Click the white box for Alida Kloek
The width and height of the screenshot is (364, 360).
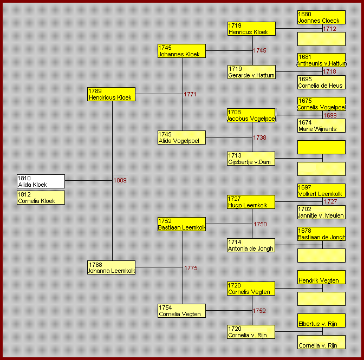[41, 181]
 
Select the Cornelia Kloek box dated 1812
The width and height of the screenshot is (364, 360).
[41, 198]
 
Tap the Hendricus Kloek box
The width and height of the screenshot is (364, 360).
[112, 94]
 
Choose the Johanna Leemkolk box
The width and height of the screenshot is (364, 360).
[112, 267]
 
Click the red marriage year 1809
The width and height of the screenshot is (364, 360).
[120, 180]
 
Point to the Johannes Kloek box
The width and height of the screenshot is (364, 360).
[182, 51]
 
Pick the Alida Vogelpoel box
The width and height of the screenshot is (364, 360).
[182, 138]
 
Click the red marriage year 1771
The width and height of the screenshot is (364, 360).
[190, 94]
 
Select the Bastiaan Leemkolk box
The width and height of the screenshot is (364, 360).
[182, 224]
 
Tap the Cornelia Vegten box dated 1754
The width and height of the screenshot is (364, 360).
[182, 311]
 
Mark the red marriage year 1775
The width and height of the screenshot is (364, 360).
[191, 268]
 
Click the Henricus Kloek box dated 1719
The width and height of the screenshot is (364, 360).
[252, 29]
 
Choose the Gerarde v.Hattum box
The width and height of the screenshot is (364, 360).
[252, 72]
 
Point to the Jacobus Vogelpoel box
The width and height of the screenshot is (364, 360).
[251, 115]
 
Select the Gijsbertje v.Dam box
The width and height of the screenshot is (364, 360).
[251, 159]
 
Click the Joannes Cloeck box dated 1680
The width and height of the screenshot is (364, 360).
[322, 17]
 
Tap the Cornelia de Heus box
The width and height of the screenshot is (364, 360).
[322, 82]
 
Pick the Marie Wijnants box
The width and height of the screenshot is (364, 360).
[322, 126]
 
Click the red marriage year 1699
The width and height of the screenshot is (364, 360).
[330, 115]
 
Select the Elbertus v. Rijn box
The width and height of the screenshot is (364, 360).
[322, 320]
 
